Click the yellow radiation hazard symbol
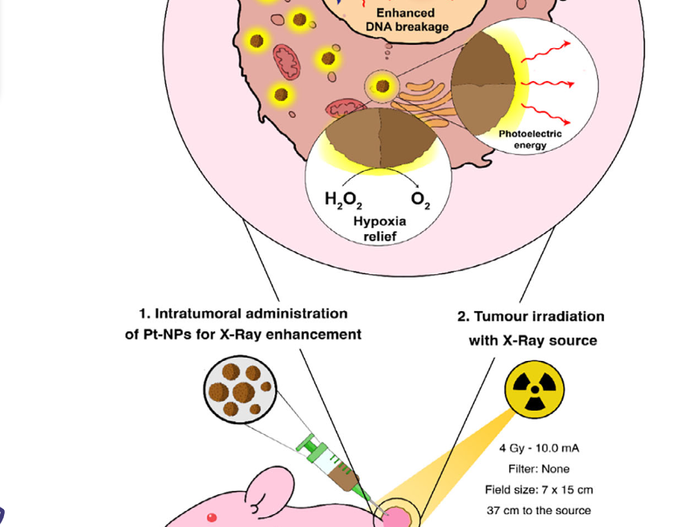534,390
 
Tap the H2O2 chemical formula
343,201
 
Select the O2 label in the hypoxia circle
420,201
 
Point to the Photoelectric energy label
530,140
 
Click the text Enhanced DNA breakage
406,20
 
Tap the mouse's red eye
212,517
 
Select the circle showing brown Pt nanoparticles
238,389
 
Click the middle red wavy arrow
548,82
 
